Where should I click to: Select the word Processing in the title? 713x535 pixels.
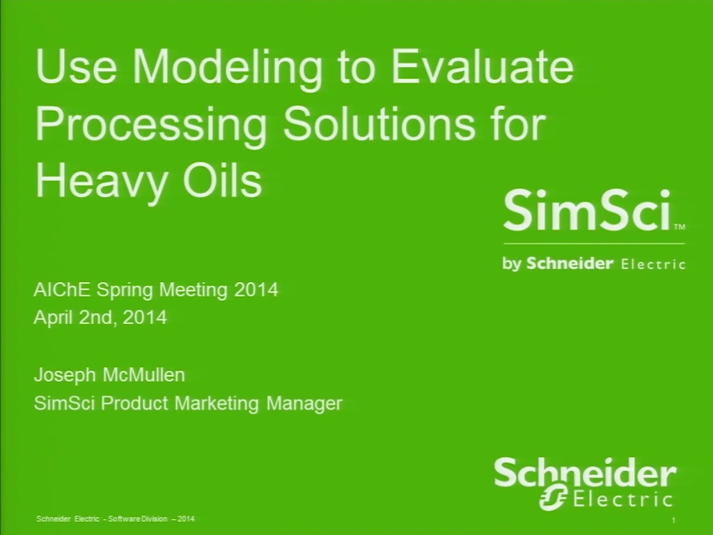(x=151, y=125)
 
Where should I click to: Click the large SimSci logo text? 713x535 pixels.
(x=586, y=210)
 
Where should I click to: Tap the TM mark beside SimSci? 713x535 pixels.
(x=679, y=226)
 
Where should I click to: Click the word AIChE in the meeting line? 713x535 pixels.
(x=62, y=289)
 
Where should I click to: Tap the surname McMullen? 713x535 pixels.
(x=143, y=375)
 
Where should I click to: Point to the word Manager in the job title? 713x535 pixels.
(x=304, y=403)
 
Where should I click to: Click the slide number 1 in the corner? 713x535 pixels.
(x=673, y=520)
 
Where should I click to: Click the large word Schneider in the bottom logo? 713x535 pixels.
(x=585, y=473)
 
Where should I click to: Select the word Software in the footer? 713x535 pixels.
(x=120, y=518)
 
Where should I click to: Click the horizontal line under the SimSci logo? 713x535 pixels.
(x=594, y=244)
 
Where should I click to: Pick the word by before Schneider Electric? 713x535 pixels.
(x=512, y=264)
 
